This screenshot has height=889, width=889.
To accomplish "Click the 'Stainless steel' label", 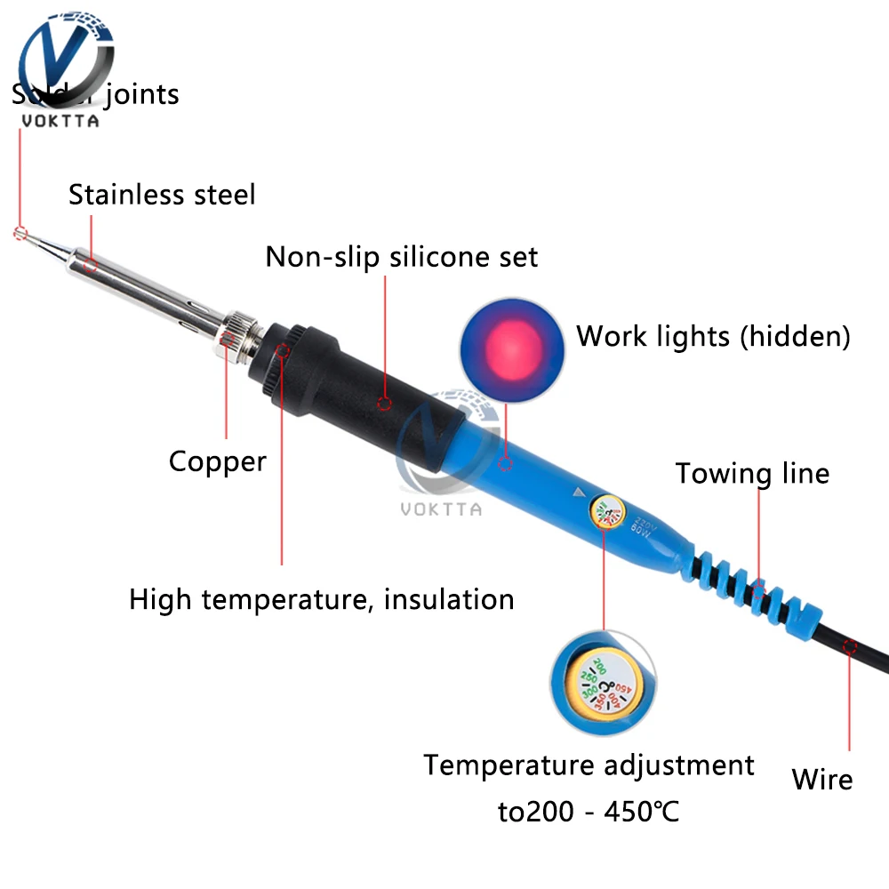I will click(x=162, y=194).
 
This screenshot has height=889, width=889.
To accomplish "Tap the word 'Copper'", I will click(x=218, y=461).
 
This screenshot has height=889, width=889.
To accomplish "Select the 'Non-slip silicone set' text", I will click(x=402, y=257).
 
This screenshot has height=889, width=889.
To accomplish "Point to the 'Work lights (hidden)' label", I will click(x=713, y=336).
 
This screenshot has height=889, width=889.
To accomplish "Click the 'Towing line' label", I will click(x=752, y=473).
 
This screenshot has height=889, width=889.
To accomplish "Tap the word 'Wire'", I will click(x=822, y=780).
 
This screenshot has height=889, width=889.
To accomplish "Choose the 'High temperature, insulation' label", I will click(x=322, y=599).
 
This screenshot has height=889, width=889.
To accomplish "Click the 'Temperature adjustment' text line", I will click(x=589, y=765).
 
